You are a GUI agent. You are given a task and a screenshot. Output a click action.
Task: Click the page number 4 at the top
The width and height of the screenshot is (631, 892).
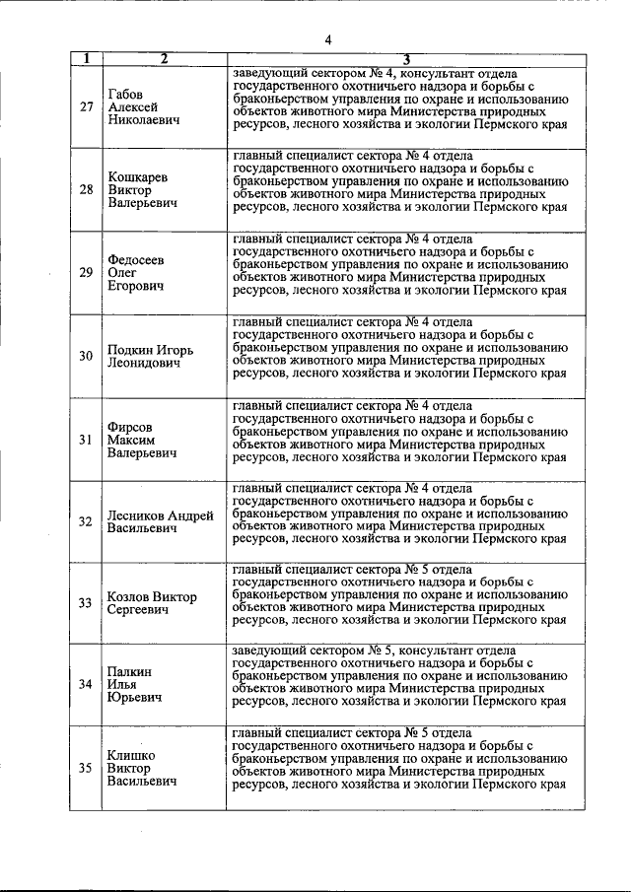tap(327, 39)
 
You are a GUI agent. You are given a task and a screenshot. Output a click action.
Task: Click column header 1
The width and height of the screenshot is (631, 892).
tap(86, 58)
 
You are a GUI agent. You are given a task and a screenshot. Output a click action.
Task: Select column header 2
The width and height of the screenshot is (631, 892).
tap(164, 58)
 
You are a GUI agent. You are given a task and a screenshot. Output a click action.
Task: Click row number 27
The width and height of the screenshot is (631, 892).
tap(86, 107)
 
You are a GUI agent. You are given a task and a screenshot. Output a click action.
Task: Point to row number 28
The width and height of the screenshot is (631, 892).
tap(86, 189)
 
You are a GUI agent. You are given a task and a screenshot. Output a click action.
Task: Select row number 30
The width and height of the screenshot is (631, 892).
tap(86, 356)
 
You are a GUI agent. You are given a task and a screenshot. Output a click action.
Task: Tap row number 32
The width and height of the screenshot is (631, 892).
tap(86, 521)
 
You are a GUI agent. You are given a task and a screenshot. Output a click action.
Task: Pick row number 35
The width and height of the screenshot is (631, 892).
tap(86, 769)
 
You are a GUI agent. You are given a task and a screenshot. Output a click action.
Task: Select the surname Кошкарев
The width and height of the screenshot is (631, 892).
tap(138, 176)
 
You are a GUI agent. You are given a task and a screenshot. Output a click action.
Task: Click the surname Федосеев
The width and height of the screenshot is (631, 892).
tap(136, 260)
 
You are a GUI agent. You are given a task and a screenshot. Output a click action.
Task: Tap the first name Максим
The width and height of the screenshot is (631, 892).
tap(132, 440)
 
